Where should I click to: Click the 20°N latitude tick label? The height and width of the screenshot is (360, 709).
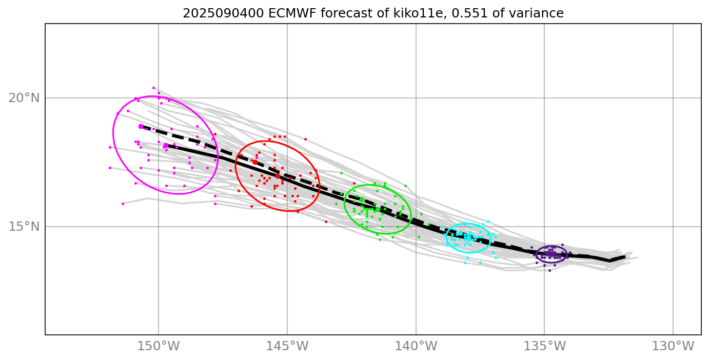point(24,97)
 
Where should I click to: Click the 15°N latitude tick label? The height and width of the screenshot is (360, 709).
point(24,226)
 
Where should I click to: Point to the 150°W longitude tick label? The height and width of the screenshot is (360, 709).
point(158,346)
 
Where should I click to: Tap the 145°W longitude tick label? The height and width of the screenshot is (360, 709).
point(287,346)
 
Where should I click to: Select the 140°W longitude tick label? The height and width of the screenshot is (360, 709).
point(416,346)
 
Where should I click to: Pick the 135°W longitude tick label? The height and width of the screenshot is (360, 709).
point(544,346)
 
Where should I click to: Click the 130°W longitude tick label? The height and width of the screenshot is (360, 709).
point(673,346)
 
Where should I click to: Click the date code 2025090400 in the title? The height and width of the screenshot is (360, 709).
point(211,13)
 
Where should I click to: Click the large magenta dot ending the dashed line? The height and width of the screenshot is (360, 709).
point(141,126)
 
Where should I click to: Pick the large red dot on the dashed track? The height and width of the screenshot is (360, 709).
point(255,162)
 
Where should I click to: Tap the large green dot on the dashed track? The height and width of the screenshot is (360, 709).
point(362,199)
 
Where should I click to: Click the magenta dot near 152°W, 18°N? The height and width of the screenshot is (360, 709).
point(110,147)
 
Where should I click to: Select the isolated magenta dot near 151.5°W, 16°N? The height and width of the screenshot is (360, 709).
point(123,204)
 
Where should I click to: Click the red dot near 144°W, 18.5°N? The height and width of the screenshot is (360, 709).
point(305,139)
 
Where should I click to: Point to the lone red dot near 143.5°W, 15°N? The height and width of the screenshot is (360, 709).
point(326,222)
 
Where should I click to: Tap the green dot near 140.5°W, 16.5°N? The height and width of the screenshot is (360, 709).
point(405,186)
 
